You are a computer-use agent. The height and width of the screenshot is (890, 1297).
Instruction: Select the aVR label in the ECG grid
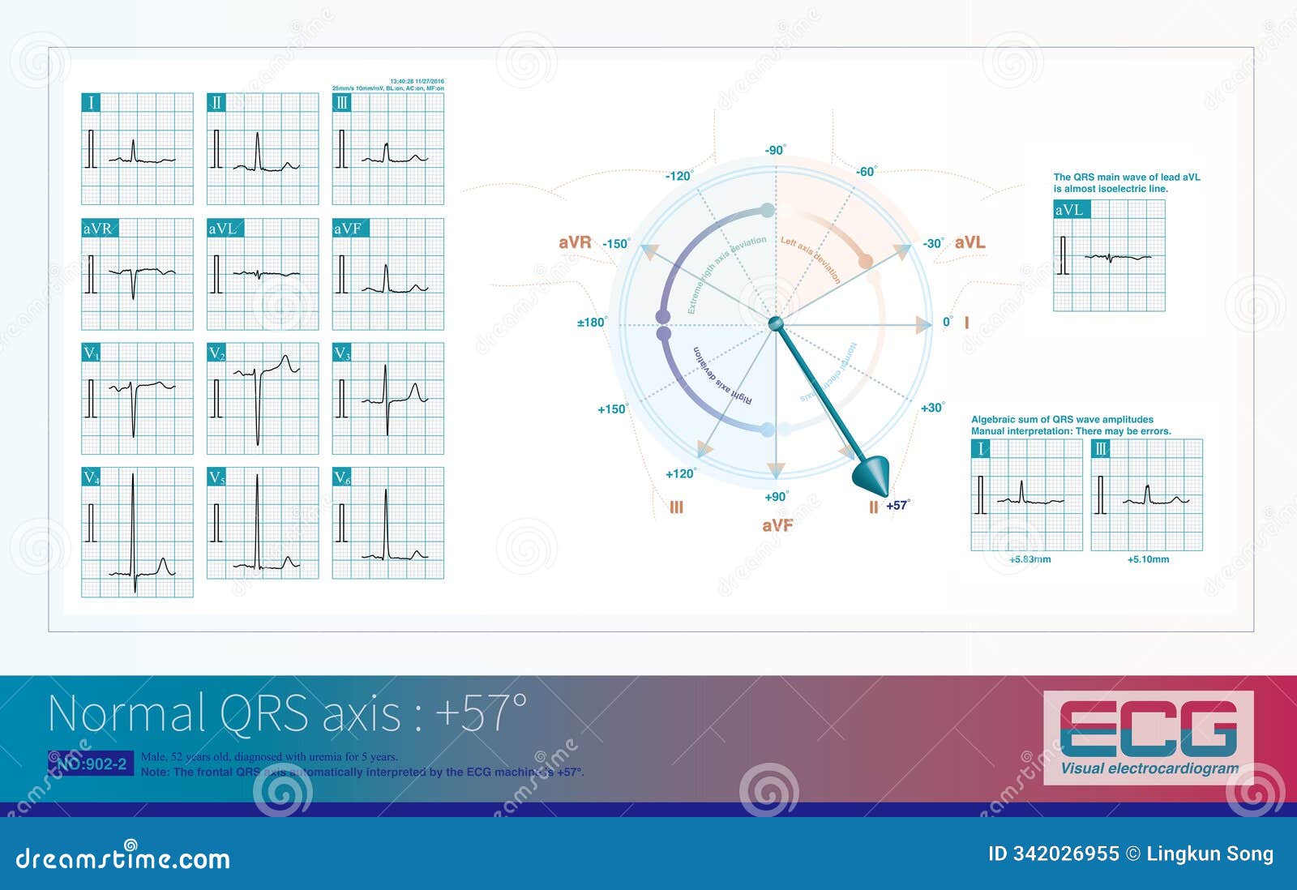[x=98, y=229]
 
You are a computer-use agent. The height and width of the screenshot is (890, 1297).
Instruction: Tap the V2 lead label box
[x=216, y=353]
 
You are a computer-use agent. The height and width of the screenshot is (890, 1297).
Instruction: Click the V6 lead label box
[x=342, y=478]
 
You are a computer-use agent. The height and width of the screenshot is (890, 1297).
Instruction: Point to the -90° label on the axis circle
[x=775, y=150]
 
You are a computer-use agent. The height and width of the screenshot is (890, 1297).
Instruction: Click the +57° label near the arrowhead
[x=898, y=505]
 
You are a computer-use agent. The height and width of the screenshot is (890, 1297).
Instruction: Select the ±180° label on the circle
[x=592, y=323]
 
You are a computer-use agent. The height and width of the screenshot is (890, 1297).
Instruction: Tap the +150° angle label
[x=613, y=409]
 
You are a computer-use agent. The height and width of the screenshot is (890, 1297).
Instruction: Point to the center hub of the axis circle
[x=776, y=324]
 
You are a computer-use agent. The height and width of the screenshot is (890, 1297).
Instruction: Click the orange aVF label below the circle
[x=777, y=525]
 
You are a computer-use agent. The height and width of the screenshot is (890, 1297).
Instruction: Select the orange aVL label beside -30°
[x=970, y=242]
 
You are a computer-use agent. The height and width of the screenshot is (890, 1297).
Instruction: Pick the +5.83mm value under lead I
[x=1029, y=559]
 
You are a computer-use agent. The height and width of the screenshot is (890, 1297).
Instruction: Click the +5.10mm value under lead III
[x=1149, y=559]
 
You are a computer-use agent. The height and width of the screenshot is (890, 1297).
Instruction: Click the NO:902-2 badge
[x=91, y=764]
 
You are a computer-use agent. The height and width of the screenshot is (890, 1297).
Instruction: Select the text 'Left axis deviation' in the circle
[x=811, y=259]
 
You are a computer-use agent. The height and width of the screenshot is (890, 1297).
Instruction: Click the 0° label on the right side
[x=947, y=323]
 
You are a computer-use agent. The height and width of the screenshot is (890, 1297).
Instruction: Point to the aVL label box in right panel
[x=1069, y=211]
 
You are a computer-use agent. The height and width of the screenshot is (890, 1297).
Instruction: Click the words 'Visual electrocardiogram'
[x=1149, y=768]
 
